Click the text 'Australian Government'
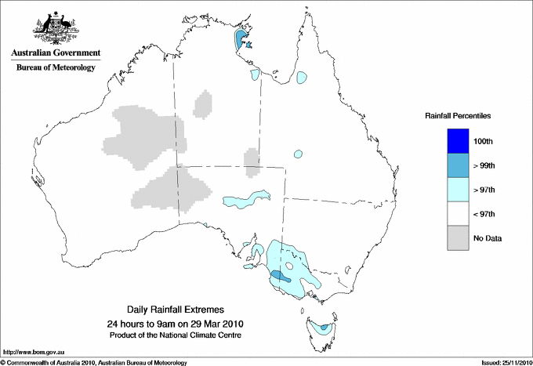click(x=56, y=53)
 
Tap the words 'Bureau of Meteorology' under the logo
click(x=56, y=68)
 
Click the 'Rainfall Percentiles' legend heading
click(x=458, y=116)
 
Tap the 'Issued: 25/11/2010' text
click(x=506, y=361)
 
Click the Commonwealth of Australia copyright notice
click(x=94, y=361)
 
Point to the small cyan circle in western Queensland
click(x=298, y=154)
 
